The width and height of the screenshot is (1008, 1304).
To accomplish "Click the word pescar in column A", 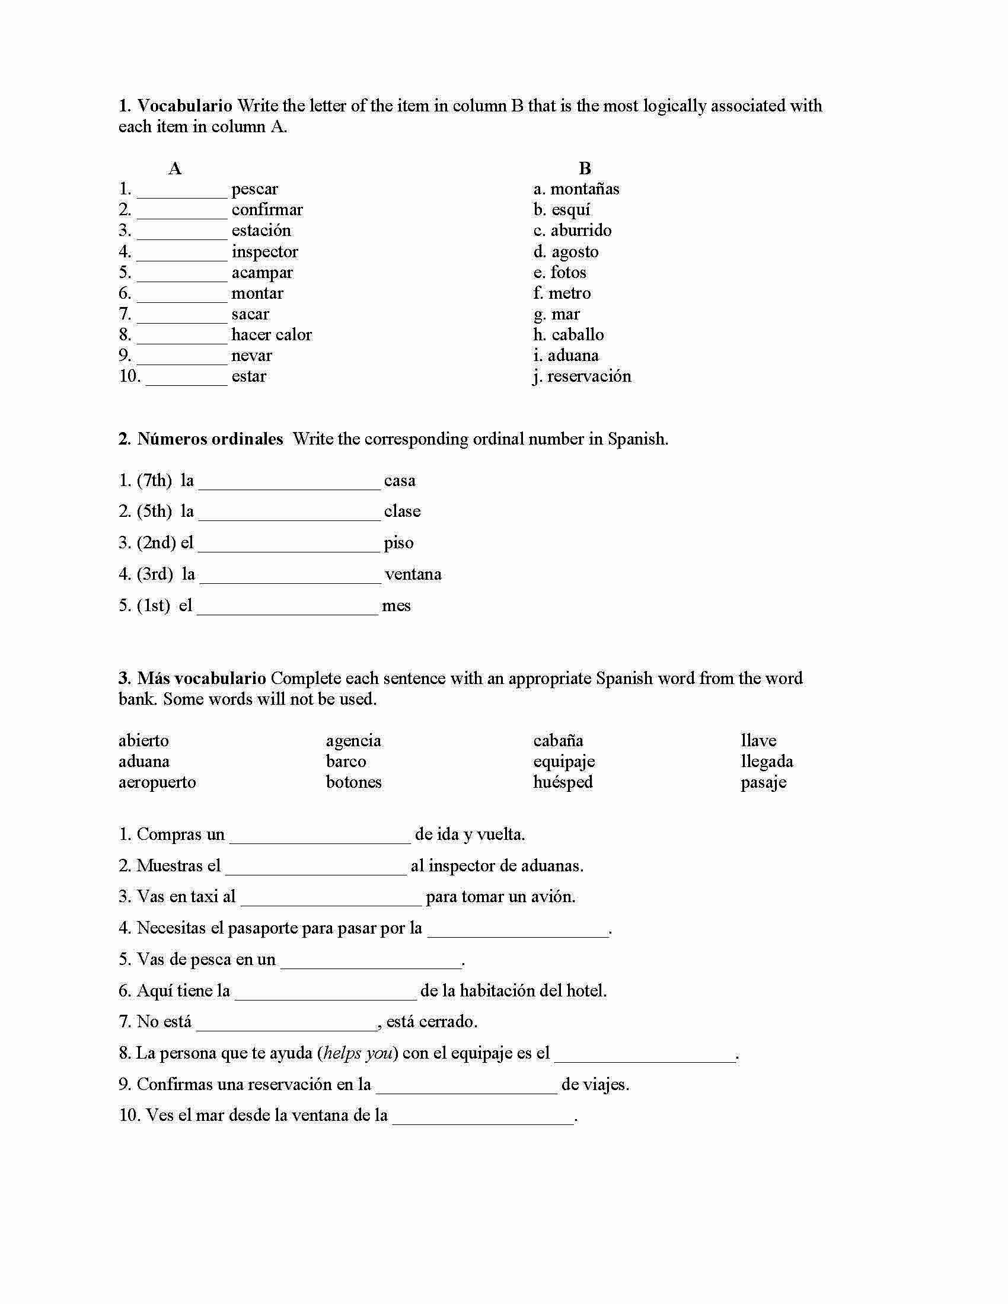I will (x=254, y=189).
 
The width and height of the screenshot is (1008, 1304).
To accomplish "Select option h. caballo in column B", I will (x=569, y=335).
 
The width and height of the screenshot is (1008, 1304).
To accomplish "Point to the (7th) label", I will (x=154, y=481).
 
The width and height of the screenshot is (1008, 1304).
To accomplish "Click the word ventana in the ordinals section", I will (x=413, y=574).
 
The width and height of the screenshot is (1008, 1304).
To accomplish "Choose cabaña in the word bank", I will (x=558, y=741).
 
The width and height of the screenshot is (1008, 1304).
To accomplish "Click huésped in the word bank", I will (x=563, y=783).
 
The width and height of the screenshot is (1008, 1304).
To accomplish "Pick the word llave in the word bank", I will (x=758, y=741).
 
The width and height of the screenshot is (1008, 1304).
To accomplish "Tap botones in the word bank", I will (x=353, y=783).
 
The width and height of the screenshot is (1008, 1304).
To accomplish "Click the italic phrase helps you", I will (x=358, y=1053).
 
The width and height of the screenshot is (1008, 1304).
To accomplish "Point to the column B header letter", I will (x=585, y=169).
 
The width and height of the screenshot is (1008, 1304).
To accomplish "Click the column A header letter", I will (x=174, y=169).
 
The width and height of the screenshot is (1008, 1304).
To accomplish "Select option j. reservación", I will (x=582, y=377).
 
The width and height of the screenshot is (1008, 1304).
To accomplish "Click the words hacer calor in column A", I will (x=271, y=335).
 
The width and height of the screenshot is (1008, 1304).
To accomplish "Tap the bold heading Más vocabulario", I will (x=201, y=679).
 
